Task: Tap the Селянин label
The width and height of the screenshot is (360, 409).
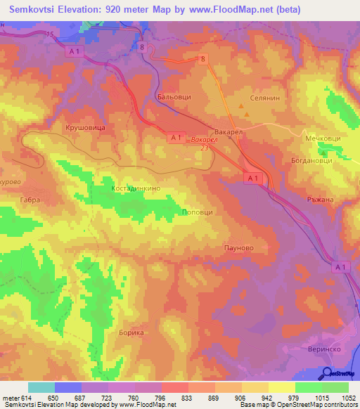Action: click(265, 99)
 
